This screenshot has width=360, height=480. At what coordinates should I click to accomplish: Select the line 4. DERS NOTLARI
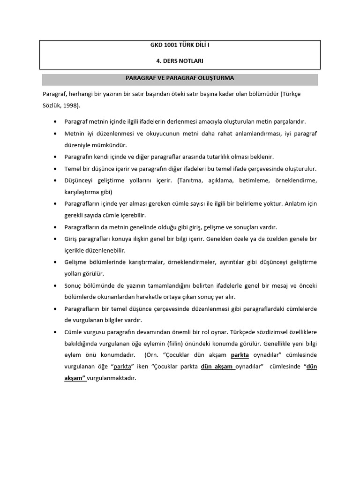[180, 61]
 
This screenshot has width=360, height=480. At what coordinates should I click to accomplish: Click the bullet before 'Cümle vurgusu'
[55, 332]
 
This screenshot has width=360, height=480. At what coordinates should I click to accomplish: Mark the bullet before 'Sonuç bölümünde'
[55, 285]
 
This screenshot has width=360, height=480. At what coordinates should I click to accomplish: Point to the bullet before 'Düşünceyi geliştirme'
[55, 180]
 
